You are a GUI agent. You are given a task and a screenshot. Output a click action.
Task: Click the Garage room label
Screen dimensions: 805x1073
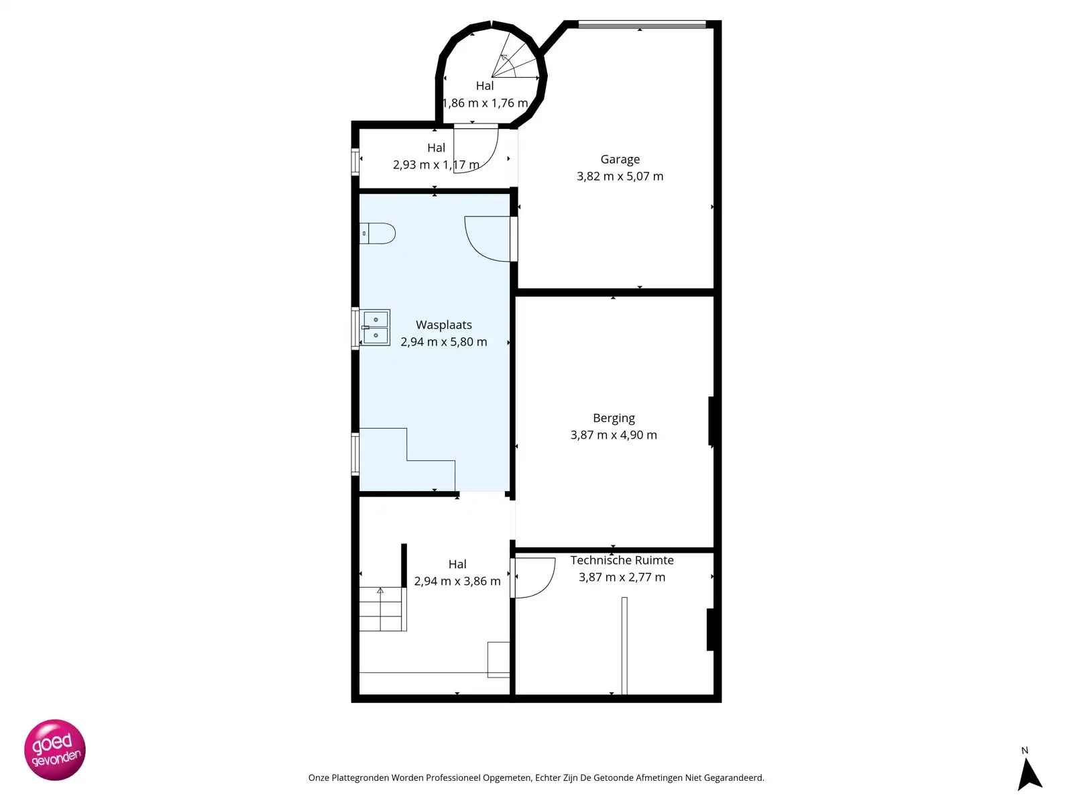[x=620, y=160]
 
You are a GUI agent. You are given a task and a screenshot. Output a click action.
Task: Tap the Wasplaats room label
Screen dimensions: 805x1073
[x=443, y=325]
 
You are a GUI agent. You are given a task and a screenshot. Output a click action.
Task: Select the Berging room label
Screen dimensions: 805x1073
[x=614, y=419]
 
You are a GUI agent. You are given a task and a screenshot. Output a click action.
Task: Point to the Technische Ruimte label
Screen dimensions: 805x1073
[x=622, y=560]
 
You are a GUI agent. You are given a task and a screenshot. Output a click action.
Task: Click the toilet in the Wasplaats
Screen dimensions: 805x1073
[x=378, y=233]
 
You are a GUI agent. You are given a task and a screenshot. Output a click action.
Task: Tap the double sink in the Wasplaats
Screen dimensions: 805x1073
[x=376, y=327]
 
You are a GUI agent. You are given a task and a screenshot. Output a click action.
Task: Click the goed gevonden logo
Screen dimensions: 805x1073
[x=55, y=750]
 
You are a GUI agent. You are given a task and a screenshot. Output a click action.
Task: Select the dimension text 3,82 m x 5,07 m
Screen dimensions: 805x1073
[x=620, y=176]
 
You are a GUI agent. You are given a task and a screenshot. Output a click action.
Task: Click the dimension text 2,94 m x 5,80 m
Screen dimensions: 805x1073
[x=443, y=342]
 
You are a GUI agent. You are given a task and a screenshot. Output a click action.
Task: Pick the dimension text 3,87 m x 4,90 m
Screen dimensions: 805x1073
[x=614, y=435]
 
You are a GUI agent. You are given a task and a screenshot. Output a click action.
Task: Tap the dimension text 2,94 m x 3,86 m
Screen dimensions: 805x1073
[x=457, y=582]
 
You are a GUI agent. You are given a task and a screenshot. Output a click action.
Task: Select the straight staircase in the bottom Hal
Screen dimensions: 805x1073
[x=382, y=609]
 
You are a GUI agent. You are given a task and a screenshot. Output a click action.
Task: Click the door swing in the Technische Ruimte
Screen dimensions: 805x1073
[x=533, y=578]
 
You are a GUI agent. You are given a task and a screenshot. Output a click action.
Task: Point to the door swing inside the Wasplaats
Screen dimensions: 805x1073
[x=488, y=238]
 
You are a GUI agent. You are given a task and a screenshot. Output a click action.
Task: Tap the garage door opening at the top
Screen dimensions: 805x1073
[x=642, y=25]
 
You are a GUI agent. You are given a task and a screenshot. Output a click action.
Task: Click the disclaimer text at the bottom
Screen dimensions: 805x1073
[x=536, y=778]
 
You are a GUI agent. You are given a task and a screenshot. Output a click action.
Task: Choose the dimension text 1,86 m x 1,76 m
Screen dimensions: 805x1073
[x=485, y=103]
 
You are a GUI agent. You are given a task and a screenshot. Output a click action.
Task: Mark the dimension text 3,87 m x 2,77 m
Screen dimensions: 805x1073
[x=622, y=578]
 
